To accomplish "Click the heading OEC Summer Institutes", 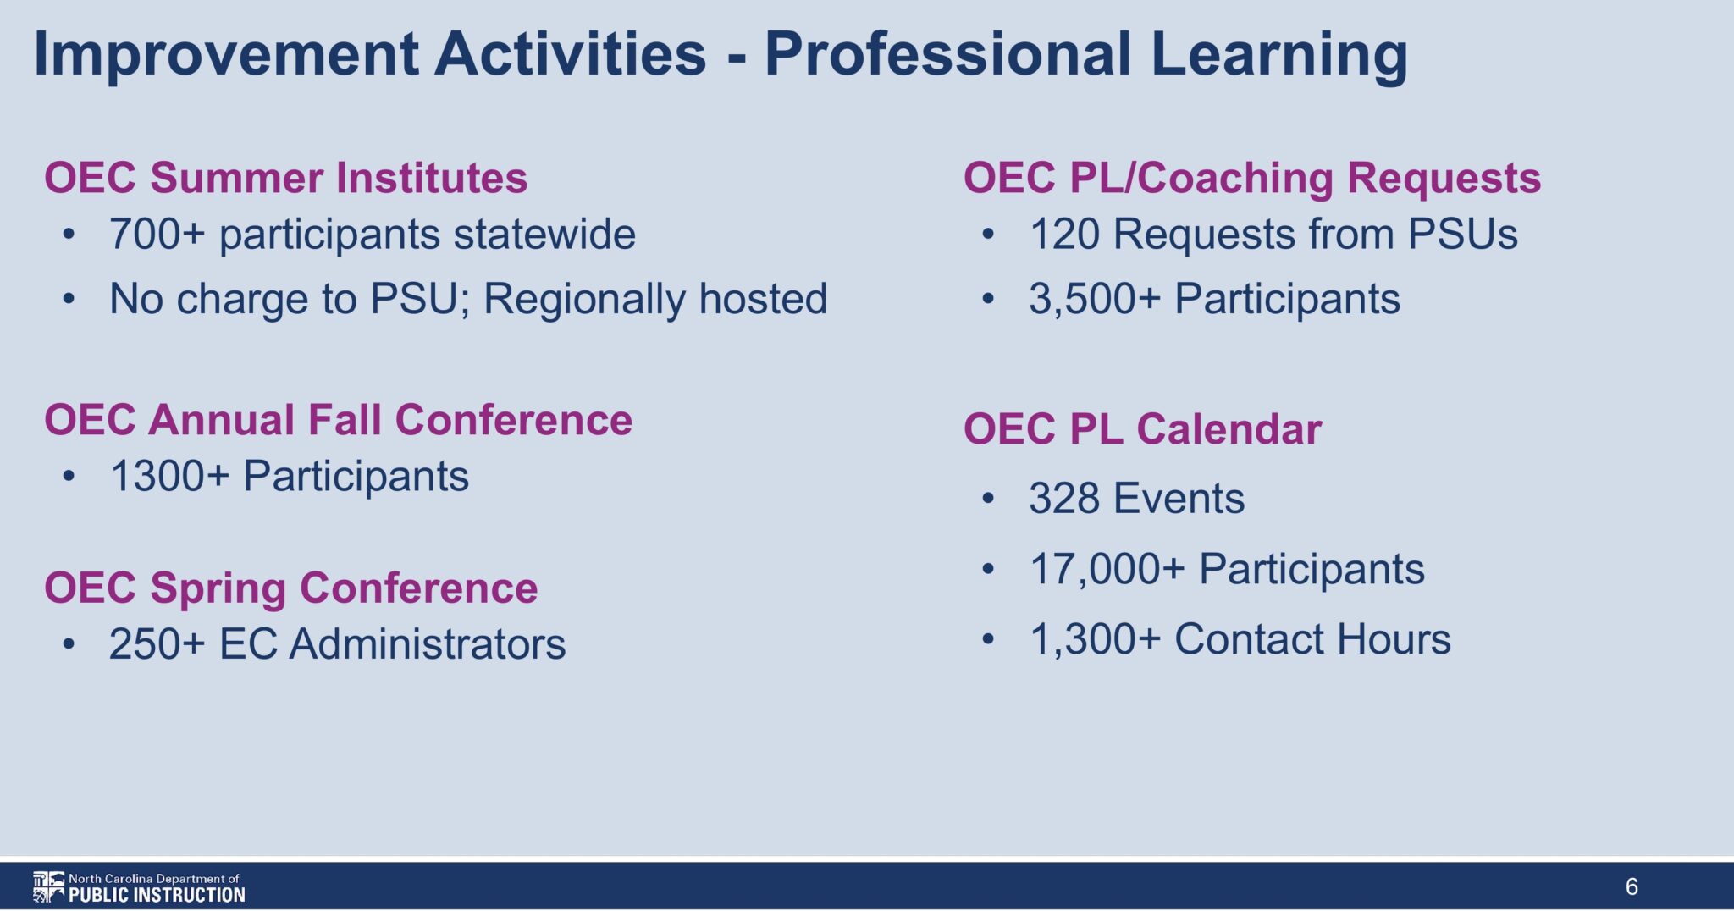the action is click(286, 178).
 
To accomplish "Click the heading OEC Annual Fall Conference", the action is click(339, 420).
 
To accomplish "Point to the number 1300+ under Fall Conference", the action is click(170, 476).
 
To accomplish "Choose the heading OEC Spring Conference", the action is click(291, 588).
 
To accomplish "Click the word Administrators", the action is click(428, 644).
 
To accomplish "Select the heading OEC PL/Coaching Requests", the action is click(1252, 178).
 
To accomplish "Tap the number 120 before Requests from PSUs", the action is click(1064, 235).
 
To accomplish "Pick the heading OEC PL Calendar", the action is click(1143, 429).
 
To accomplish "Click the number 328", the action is click(1064, 498).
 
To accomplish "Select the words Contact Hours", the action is click(1312, 639).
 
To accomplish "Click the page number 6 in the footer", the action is click(1632, 886).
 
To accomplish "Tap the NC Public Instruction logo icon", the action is click(48, 886).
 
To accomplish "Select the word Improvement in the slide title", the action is click(226, 54).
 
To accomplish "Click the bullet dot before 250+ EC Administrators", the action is click(69, 645).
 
